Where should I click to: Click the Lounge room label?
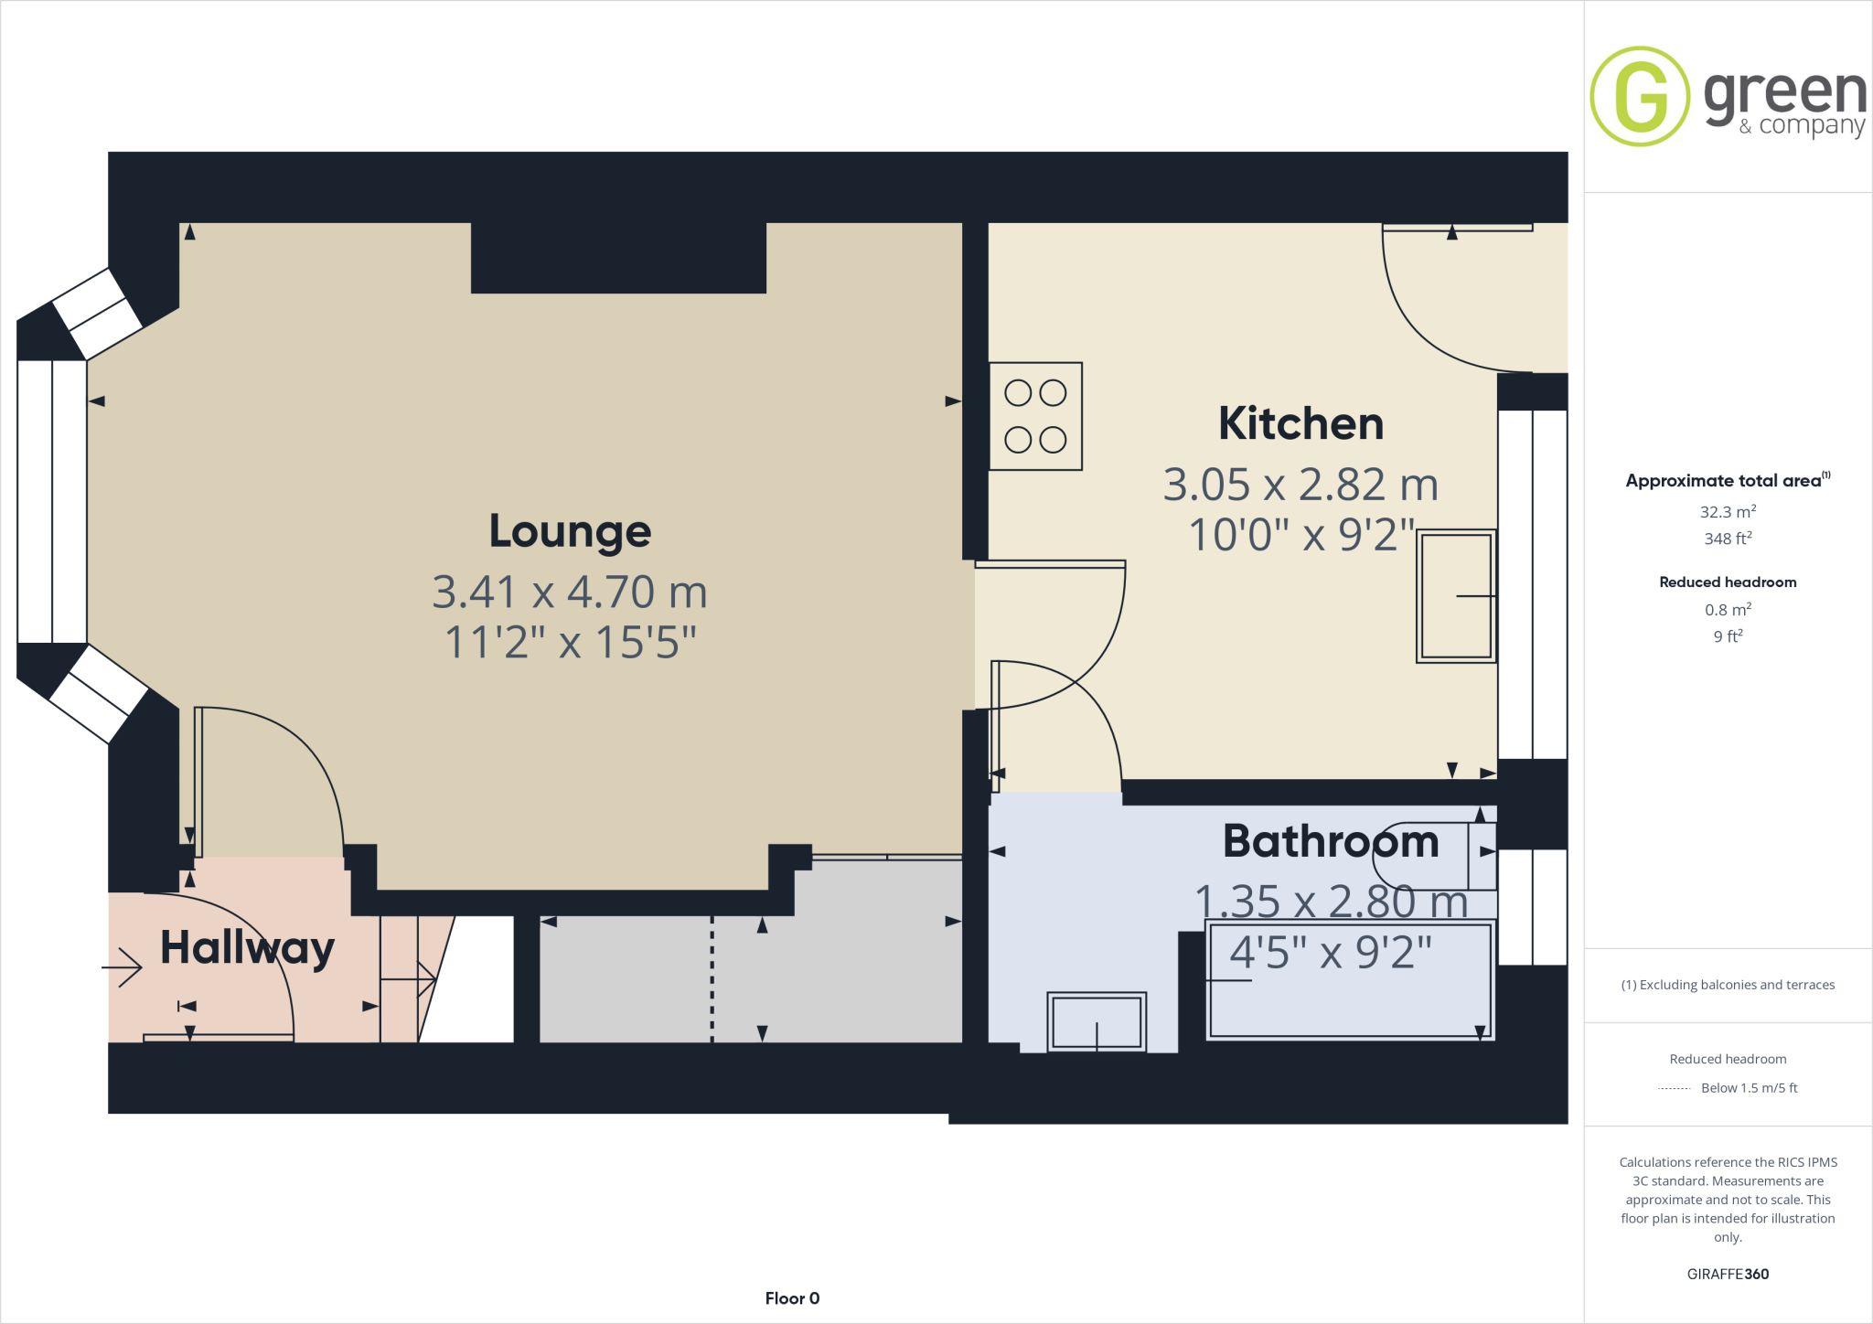click(570, 531)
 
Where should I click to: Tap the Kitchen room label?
click(1300, 423)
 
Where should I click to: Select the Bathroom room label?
click(1331, 841)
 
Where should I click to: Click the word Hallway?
click(247, 948)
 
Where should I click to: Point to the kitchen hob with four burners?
click(1035, 416)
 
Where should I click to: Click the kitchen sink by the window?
click(1456, 596)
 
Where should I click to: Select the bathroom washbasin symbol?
click(1096, 1021)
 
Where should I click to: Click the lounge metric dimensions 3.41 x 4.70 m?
click(570, 593)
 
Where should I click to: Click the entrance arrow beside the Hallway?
click(123, 967)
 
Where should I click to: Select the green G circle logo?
click(1639, 96)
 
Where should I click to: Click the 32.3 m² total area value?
click(1728, 512)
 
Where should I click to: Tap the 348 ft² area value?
click(1728, 539)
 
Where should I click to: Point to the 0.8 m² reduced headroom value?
click(1728, 610)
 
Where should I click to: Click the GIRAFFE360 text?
click(1728, 1274)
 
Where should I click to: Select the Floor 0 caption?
click(792, 1298)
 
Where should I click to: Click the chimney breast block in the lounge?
click(618, 257)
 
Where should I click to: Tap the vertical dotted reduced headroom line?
click(712, 978)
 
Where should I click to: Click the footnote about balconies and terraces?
click(1728, 985)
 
